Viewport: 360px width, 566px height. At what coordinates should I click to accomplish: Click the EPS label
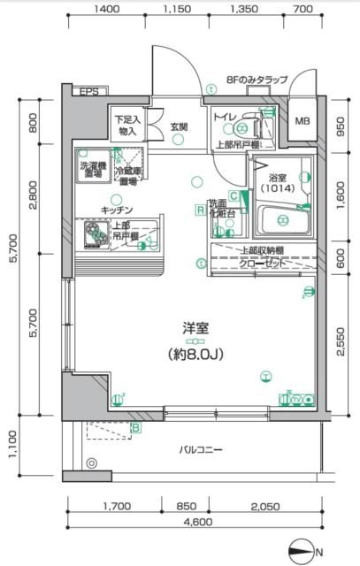88,92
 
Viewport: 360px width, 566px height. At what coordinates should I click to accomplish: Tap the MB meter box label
302,122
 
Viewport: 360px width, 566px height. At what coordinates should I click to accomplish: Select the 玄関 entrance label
179,127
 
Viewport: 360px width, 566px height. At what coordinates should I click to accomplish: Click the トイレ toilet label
224,116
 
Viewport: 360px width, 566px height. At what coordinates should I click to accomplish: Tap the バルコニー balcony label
203,450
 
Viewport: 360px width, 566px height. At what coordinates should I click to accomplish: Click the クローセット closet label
262,264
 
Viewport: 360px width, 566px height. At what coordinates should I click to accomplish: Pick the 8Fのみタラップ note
257,80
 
